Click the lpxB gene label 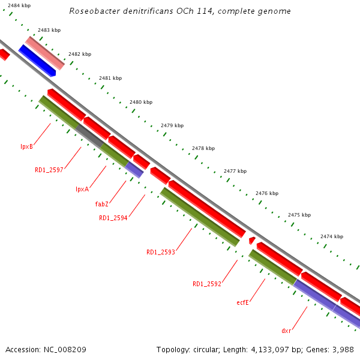pos(26,146)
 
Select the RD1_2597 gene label pos(49,170)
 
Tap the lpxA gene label pos(82,189)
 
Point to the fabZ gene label pos(102,204)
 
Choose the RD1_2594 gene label pos(113,218)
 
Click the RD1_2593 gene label pos(161,252)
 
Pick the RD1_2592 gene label pos(207,284)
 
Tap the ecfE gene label pos(243,302)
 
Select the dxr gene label pos(286,331)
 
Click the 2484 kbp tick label pos(19,5)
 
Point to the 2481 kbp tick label pos(110,78)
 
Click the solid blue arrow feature pos(37,61)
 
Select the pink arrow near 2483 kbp pos(45,52)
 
